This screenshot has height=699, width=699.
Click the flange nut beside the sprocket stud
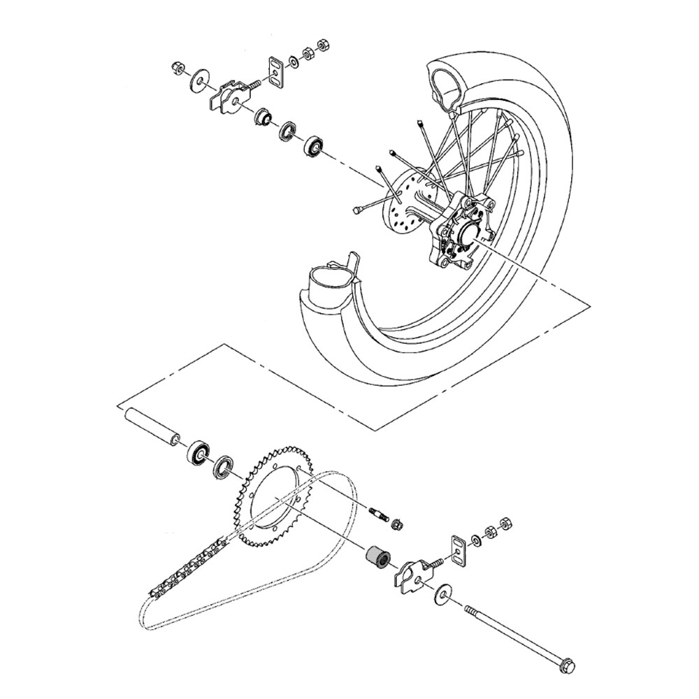tap(397, 524)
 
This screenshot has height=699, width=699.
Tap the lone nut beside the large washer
tap(176, 69)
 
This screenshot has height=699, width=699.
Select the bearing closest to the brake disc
tap(314, 146)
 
